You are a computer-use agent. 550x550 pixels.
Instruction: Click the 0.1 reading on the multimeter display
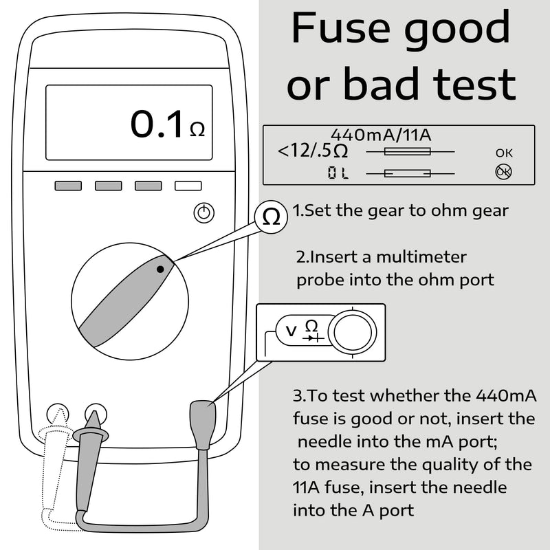click(157, 124)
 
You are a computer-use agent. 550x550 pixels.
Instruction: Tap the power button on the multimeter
click(204, 213)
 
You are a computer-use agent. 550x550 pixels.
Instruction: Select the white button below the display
click(188, 186)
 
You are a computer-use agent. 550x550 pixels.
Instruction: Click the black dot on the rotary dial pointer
click(160, 269)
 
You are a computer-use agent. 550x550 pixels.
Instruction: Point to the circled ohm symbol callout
click(271, 217)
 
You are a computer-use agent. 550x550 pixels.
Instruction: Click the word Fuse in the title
click(340, 27)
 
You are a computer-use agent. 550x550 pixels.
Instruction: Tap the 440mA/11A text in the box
click(381, 135)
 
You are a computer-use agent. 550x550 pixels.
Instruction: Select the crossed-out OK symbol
click(503, 172)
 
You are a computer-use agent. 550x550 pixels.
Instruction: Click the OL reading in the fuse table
click(338, 173)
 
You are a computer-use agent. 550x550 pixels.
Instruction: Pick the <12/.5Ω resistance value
click(313, 151)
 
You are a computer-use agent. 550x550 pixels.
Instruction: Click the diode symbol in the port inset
click(313, 338)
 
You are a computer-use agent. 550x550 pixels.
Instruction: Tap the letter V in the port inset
click(291, 331)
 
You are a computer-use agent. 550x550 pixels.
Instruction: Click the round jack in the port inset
click(352, 333)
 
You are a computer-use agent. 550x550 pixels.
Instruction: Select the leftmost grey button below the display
click(68, 186)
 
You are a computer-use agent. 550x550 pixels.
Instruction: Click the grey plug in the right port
click(202, 424)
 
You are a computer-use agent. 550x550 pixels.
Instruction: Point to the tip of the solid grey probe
click(93, 411)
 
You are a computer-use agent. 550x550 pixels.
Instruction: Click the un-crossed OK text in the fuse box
click(504, 153)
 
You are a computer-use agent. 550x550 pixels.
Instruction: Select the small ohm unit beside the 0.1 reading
click(197, 129)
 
